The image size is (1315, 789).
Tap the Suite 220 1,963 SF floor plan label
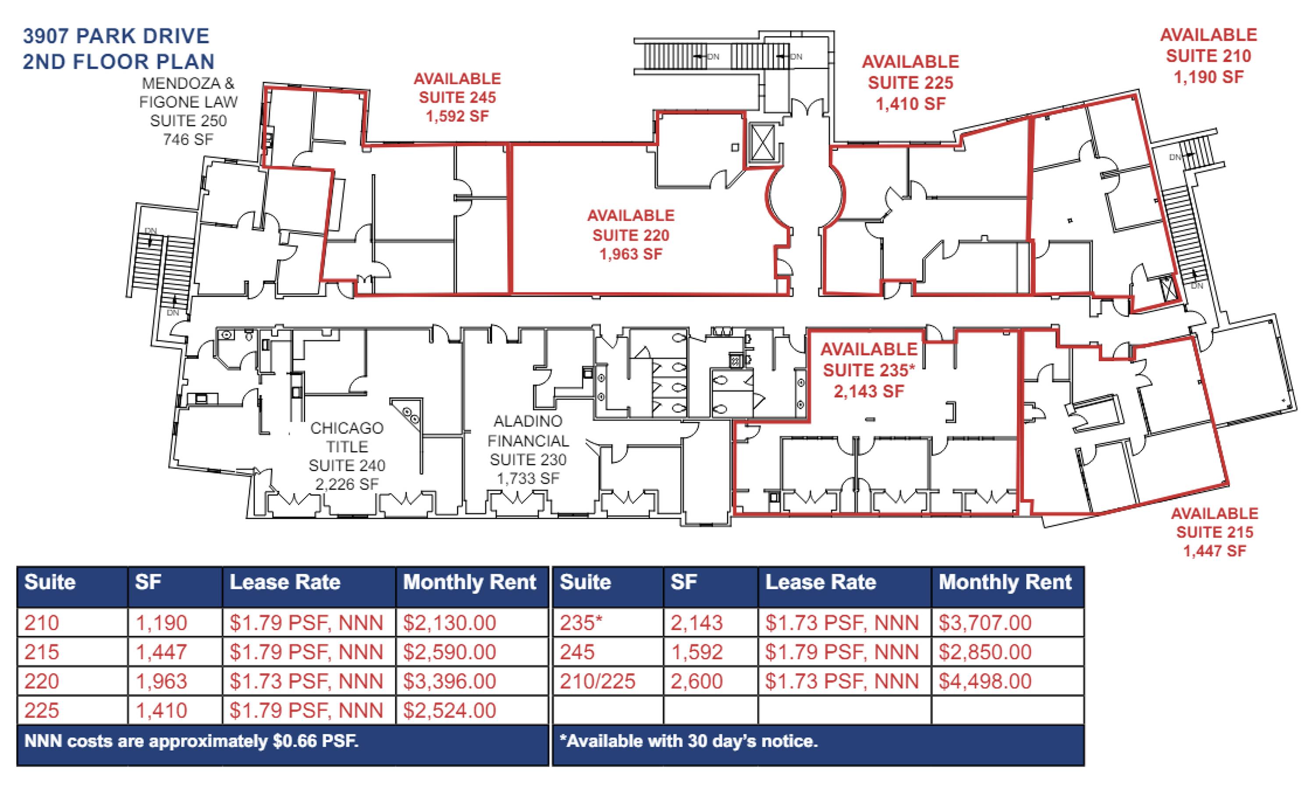(630, 235)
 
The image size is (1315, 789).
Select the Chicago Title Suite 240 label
(347, 455)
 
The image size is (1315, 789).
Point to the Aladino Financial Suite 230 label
(528, 450)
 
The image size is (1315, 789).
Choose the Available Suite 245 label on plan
(457, 97)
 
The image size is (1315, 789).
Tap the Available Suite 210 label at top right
(1208, 56)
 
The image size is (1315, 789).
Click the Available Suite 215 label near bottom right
(1215, 532)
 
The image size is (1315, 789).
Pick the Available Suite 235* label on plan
(869, 370)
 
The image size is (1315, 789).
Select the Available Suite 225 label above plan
(910, 82)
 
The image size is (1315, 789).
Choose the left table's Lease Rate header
(285, 582)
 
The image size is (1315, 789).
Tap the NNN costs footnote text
(192, 741)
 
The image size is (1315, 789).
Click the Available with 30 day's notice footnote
(688, 741)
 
